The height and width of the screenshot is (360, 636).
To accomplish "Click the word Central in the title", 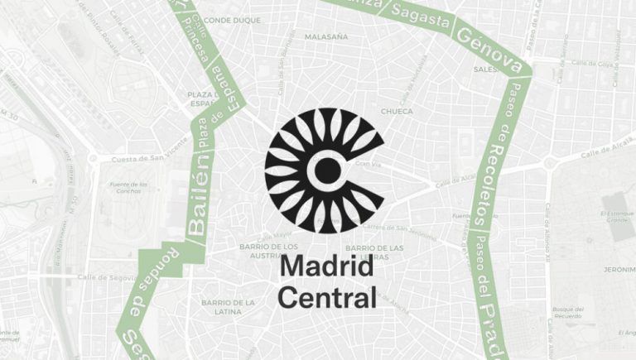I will point(326,295).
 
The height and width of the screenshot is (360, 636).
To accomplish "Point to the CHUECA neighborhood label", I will point(396,110).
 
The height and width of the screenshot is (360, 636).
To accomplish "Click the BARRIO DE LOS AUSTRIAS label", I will point(268,251).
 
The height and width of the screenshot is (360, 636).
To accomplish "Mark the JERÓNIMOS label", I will point(616,270).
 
